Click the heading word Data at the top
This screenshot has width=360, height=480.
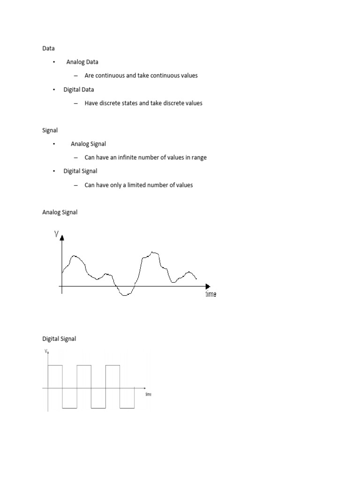[x=49, y=48]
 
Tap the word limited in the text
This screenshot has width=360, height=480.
[x=135, y=185]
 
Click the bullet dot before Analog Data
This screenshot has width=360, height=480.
[x=54, y=62]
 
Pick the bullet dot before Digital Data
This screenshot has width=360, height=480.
[x=54, y=90]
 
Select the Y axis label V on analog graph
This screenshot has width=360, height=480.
[x=56, y=233]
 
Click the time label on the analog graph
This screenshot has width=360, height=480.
[x=210, y=294]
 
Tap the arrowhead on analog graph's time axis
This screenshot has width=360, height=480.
[x=208, y=286]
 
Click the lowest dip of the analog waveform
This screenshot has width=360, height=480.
[x=124, y=295]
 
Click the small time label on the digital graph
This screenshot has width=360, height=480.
[x=148, y=395]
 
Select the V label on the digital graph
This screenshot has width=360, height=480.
[x=45, y=351]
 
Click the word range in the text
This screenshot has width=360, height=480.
[x=199, y=157]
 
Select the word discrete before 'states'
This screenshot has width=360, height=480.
[x=112, y=103]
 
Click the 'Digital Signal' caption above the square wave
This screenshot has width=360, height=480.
[x=59, y=339]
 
